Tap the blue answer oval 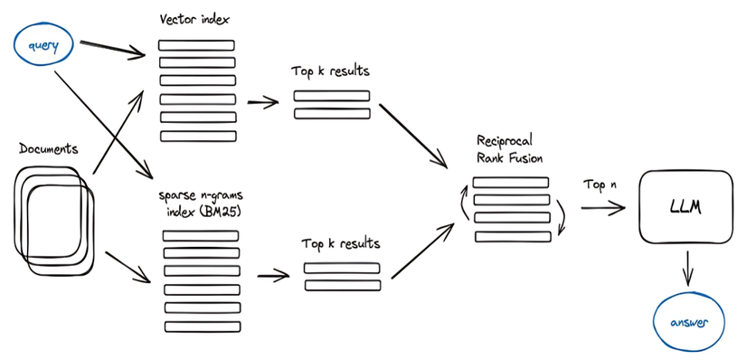pyautogui.click(x=690, y=322)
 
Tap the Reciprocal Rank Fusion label pyautogui.click(x=512, y=150)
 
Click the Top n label pyautogui.click(x=600, y=185)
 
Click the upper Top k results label pyautogui.click(x=331, y=71)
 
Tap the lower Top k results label pyautogui.click(x=341, y=244)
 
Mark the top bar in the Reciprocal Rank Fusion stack pyautogui.click(x=511, y=182)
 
